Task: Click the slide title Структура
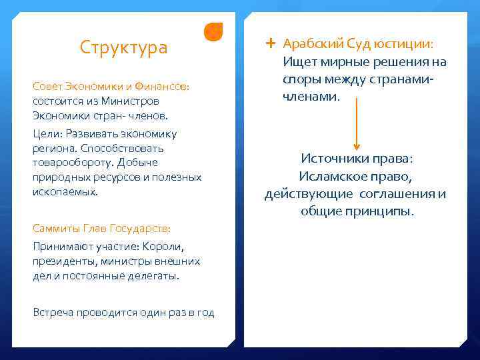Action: click(x=123, y=48)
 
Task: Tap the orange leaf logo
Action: click(x=213, y=32)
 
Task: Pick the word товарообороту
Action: click(x=71, y=162)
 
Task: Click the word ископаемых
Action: click(x=64, y=191)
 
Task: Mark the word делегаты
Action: click(x=157, y=275)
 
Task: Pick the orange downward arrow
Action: click(x=357, y=123)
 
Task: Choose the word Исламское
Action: click(x=334, y=177)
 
